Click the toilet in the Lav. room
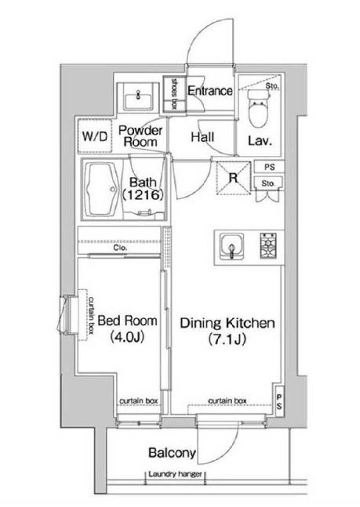click(258, 108)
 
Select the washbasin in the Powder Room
click(138, 98)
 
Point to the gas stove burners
click(268, 246)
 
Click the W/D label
click(94, 136)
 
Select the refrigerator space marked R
click(234, 178)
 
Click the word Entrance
click(209, 91)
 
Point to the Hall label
click(202, 137)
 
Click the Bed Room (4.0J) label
click(127, 328)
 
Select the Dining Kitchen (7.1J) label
click(227, 331)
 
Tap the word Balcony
click(172, 453)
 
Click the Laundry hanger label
click(175, 474)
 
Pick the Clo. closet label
click(120, 248)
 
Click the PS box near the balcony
click(279, 401)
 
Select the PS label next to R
click(269, 167)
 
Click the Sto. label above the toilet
click(271, 86)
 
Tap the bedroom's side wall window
click(67, 313)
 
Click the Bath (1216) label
click(143, 188)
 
